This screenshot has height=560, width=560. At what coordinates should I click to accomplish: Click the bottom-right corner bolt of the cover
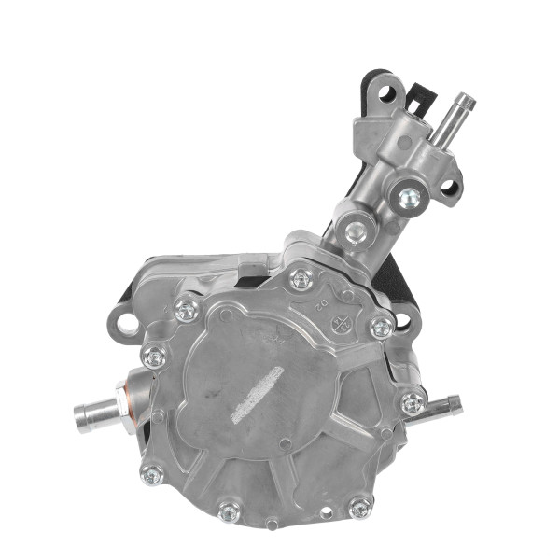(x=359, y=509)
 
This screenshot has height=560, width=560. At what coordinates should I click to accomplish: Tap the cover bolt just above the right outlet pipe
(x=411, y=402)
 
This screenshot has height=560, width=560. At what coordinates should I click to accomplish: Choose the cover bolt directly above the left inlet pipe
(x=152, y=356)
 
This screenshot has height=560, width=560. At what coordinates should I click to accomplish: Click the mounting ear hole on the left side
(x=121, y=326)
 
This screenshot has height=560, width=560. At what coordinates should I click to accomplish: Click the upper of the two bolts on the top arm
(x=407, y=197)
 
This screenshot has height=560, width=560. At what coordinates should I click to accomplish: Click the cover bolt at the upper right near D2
(x=380, y=328)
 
